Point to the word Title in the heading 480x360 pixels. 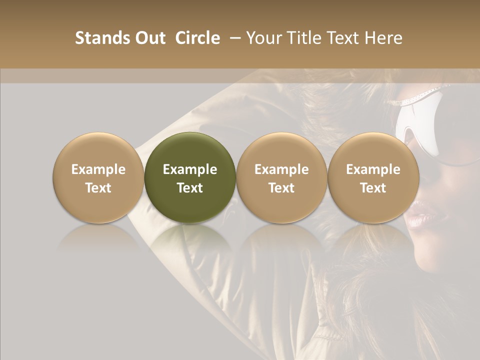tap(303, 38)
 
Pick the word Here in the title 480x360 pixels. tap(384, 38)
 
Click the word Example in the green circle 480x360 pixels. tap(190, 169)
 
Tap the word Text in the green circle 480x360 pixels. tap(190, 188)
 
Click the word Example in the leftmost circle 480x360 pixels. tap(98, 169)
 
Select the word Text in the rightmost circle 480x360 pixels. tap(373, 188)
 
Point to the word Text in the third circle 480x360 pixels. tap(281, 188)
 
